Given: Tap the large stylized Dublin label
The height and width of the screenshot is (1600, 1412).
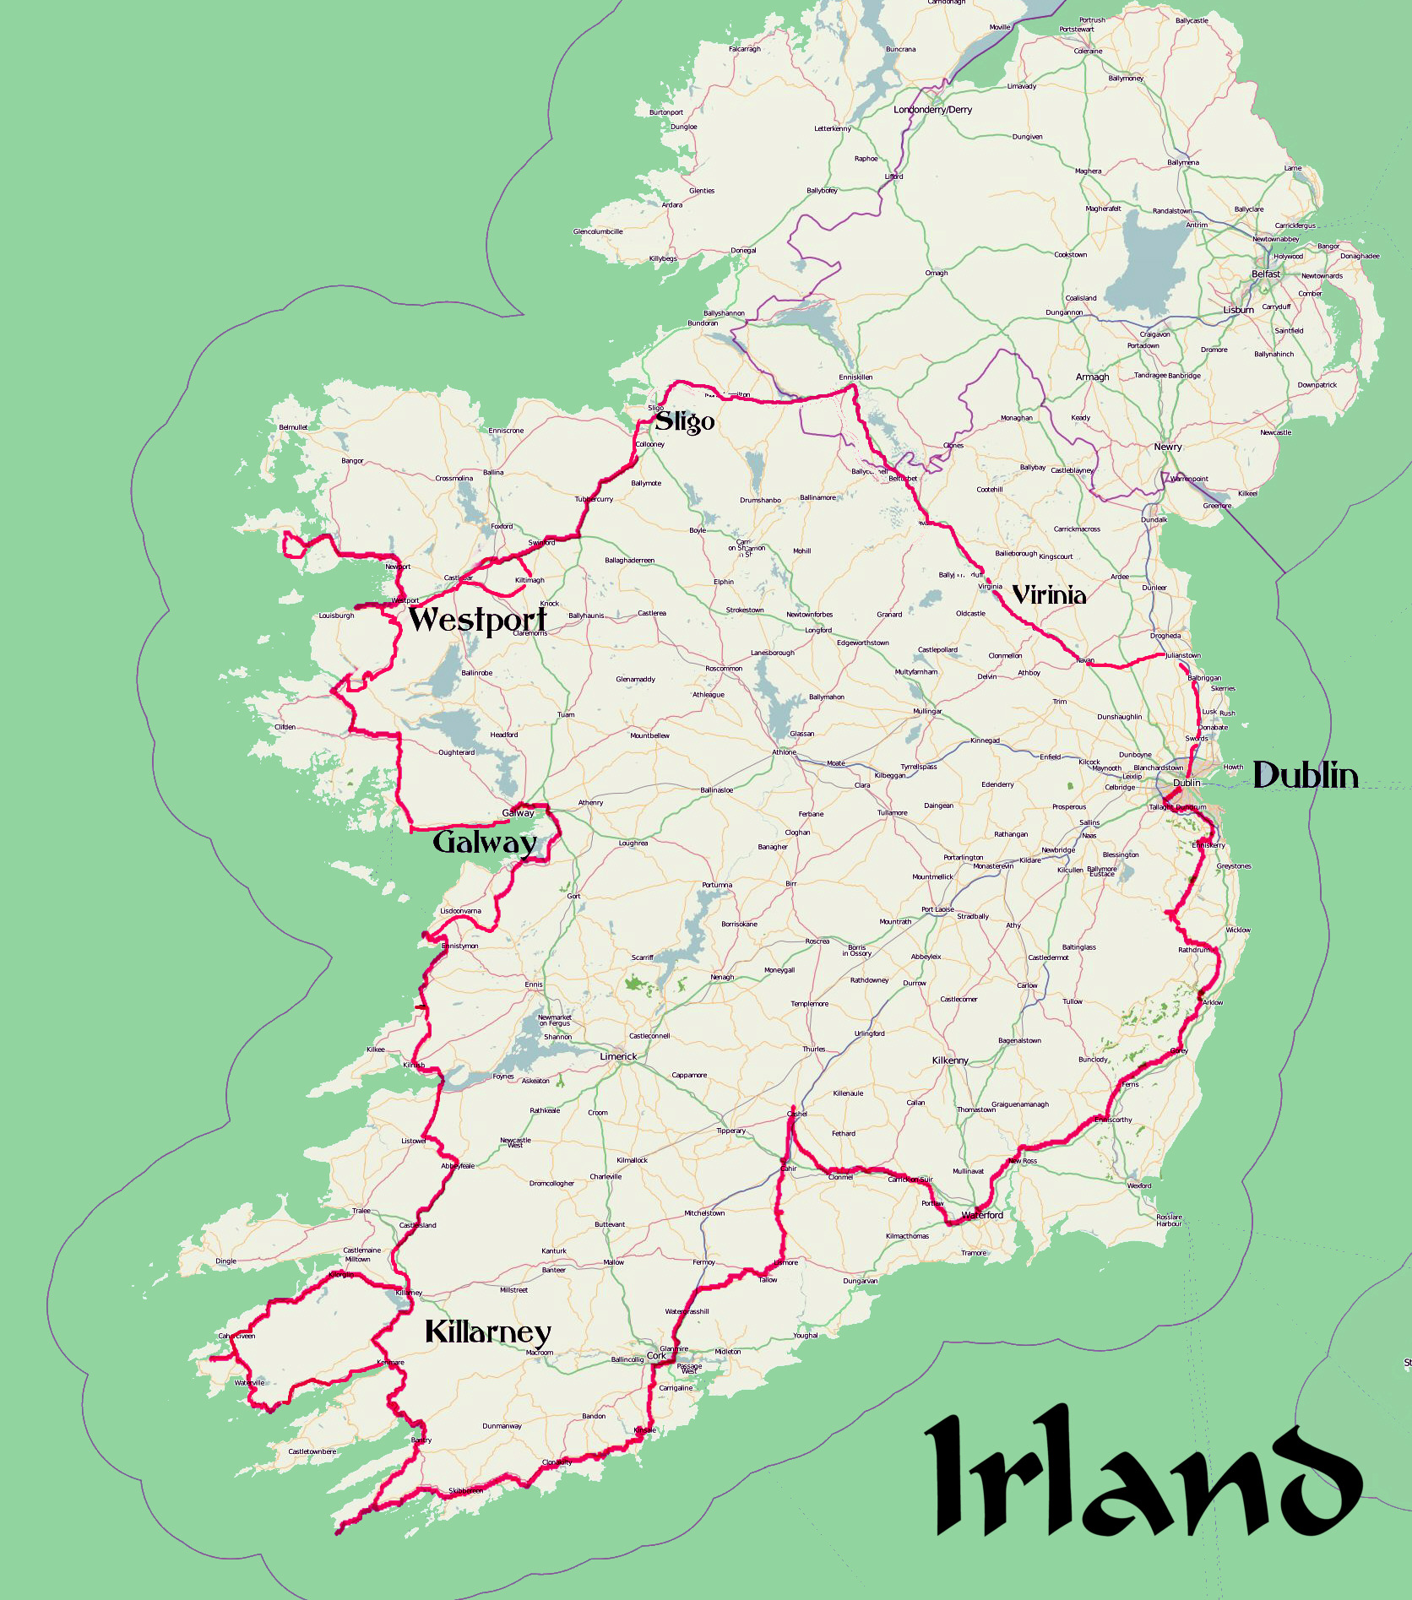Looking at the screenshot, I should point(1305,775).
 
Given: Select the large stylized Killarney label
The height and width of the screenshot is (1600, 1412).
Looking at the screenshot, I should point(487,1332).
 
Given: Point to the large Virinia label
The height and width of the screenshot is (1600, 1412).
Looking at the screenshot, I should point(1049,595).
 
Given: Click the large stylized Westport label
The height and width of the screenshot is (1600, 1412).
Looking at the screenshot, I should point(477,620).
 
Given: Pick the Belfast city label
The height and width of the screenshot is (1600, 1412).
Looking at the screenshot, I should point(1265,274).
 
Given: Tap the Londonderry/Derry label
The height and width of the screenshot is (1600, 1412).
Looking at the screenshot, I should point(932,110).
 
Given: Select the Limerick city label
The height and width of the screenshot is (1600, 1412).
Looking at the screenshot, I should point(618,1056).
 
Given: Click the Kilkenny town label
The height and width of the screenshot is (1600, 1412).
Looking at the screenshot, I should point(950,1060).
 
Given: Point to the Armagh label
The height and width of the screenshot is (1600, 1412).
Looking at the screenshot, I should point(1092,377).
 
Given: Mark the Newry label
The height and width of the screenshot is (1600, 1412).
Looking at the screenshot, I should point(1168,447).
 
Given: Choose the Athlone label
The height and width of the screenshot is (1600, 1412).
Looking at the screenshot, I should point(784,752).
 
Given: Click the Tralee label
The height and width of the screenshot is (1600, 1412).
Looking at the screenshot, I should point(361,1211).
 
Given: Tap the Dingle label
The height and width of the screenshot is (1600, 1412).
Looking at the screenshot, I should point(225,1261).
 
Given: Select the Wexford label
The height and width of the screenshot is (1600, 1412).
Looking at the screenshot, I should point(1139,1185).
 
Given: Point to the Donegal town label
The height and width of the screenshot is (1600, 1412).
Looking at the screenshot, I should point(743,250).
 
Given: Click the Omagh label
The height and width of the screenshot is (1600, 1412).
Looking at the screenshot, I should point(937,273).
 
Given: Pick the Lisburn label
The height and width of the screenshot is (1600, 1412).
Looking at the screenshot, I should point(1238,310).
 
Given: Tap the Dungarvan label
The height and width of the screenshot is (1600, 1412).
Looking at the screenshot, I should point(860,1281).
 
